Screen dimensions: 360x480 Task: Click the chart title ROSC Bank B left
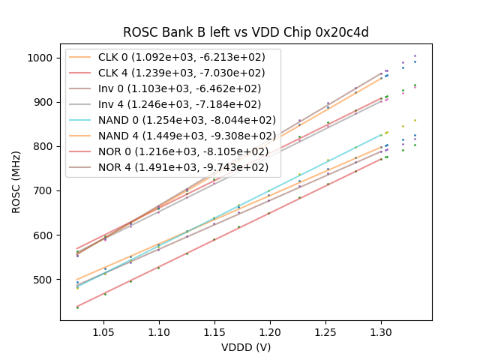[246, 32]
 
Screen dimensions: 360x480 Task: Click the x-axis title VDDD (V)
[246, 347]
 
